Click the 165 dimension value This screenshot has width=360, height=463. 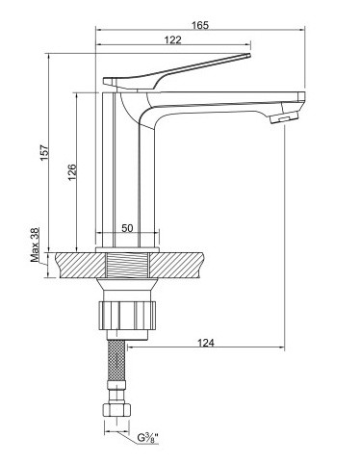(x=200, y=25)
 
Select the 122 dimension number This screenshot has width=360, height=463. (x=173, y=39)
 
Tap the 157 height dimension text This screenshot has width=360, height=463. (x=44, y=152)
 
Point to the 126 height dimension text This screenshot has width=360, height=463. (x=72, y=172)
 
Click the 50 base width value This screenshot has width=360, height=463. (x=127, y=228)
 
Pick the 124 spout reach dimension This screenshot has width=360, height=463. (x=205, y=343)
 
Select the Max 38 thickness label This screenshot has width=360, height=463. (x=35, y=244)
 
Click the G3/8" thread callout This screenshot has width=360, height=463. (x=148, y=437)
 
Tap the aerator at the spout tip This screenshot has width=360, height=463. (x=284, y=117)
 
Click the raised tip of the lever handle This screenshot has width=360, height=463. (x=247, y=56)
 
